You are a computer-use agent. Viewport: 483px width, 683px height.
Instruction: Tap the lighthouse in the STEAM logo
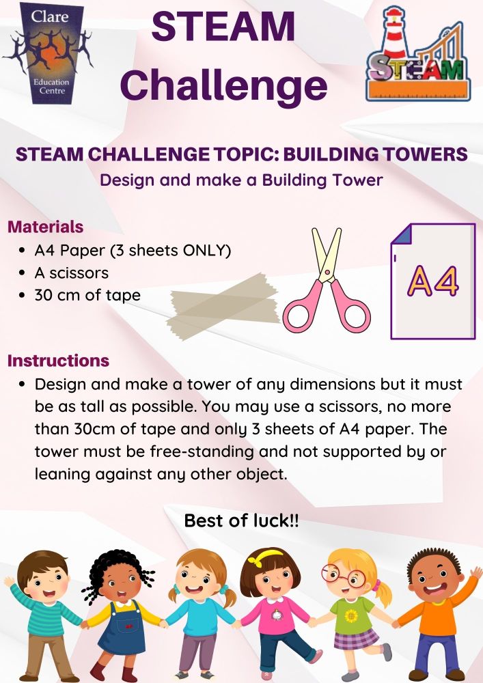[x=395, y=34]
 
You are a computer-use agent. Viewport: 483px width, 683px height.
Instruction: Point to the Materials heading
[x=45, y=227]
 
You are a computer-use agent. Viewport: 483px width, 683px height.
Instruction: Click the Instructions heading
[x=58, y=360]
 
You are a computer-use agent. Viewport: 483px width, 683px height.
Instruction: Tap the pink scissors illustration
[x=326, y=279]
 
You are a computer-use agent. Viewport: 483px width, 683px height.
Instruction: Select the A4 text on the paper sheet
[x=432, y=281]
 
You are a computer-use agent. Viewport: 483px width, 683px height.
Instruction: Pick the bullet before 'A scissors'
[x=23, y=273]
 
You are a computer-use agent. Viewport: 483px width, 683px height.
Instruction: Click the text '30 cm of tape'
[x=87, y=295]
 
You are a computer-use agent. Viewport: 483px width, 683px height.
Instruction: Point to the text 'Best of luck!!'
[x=241, y=520]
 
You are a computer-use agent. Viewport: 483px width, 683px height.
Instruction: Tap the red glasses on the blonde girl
[x=343, y=575]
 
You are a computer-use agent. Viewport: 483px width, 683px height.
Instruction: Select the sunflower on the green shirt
[x=351, y=616]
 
